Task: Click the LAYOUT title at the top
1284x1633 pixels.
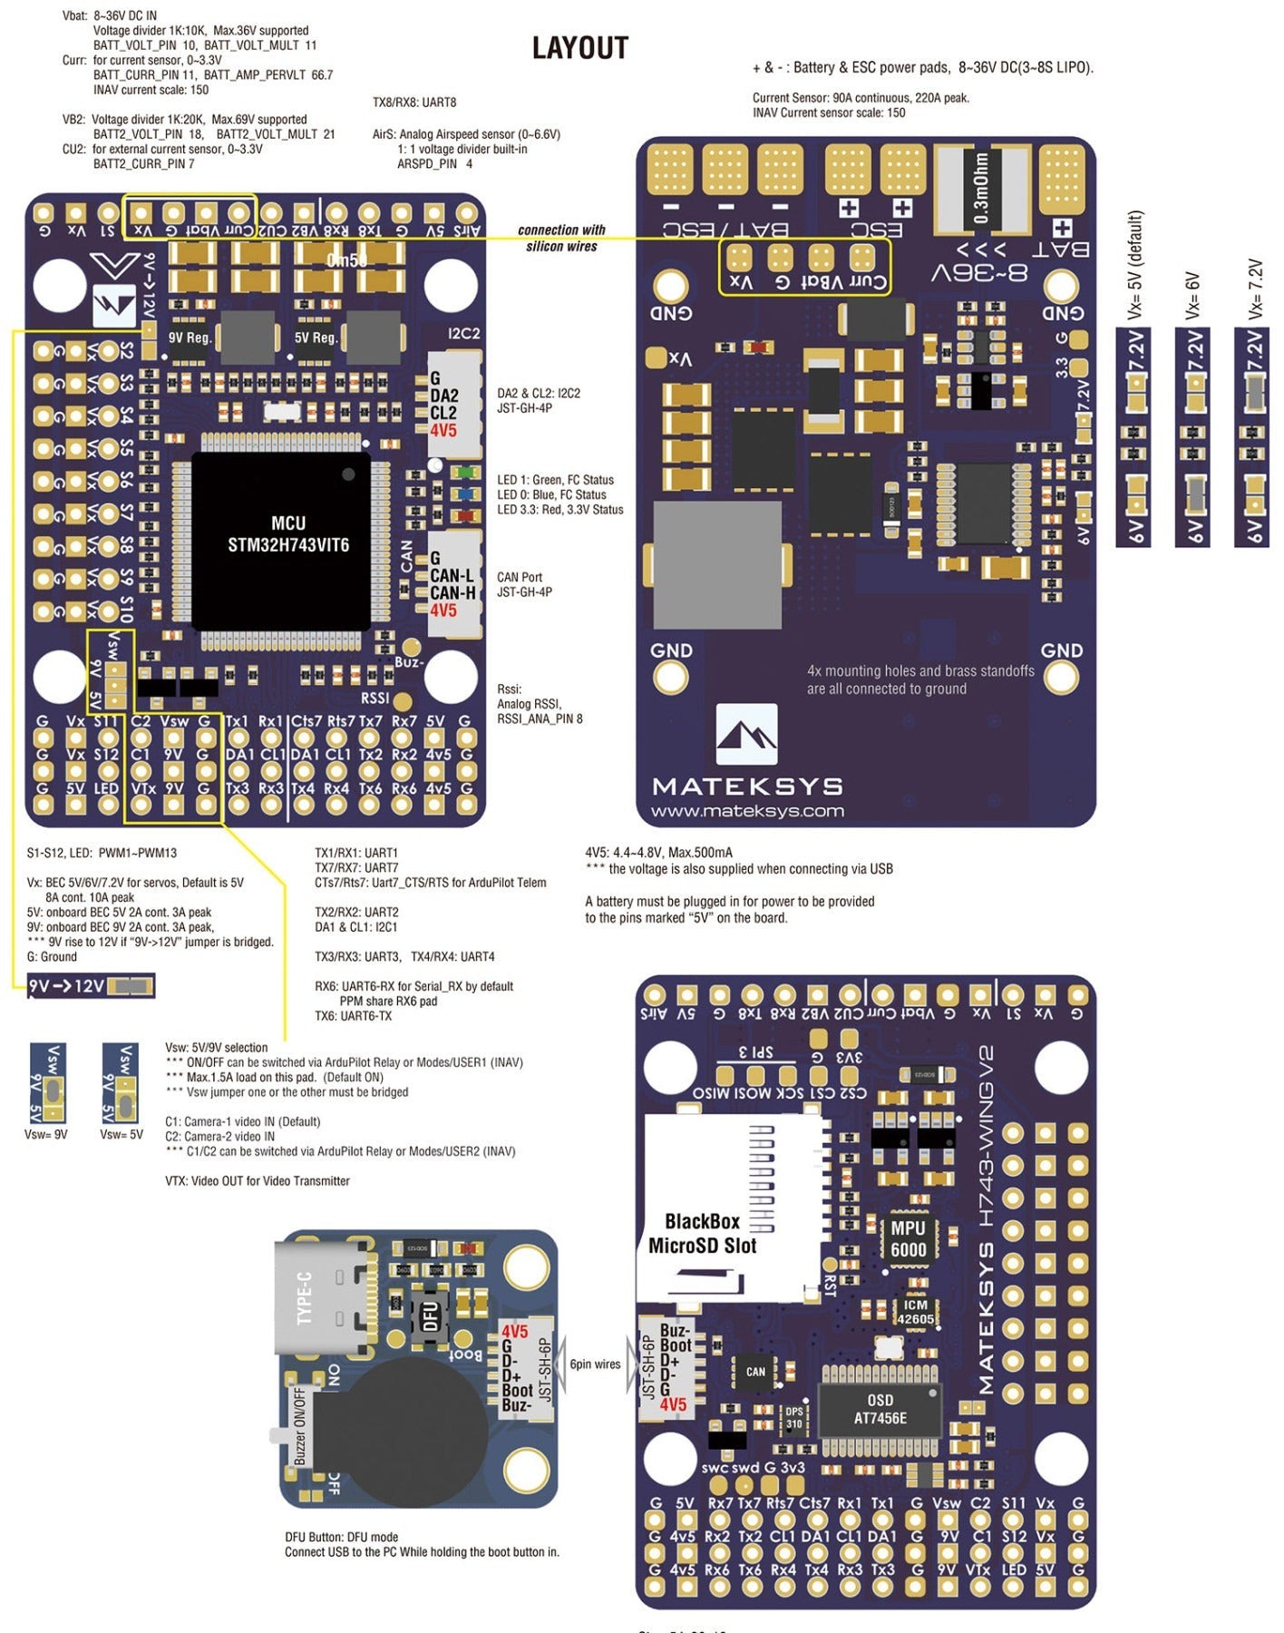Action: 579,48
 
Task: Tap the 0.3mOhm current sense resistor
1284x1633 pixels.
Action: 981,190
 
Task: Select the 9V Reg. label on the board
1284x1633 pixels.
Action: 190,337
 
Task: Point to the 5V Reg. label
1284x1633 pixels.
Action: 316,337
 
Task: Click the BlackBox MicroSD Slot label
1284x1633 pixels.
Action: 702,1233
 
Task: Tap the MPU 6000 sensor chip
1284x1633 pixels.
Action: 908,1239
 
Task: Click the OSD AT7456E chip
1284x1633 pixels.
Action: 880,1409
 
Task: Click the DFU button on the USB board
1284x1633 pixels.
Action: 430,1316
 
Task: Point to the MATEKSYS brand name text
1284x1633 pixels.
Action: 747,786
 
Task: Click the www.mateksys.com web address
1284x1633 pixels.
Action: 747,811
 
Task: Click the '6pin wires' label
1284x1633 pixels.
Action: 595,1364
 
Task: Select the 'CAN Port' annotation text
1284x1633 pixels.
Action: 520,577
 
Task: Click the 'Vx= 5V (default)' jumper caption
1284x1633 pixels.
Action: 1134,265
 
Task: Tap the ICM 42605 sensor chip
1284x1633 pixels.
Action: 915,1312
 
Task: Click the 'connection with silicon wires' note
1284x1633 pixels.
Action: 561,238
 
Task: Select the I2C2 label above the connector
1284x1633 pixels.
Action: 463,333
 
